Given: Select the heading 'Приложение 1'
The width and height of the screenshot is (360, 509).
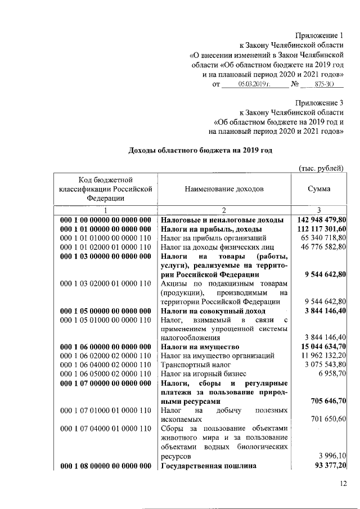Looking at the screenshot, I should pyautogui.click(x=318, y=34).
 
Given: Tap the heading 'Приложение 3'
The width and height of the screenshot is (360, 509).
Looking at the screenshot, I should pyautogui.click(x=318, y=102).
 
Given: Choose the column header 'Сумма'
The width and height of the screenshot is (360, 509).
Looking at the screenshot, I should pyautogui.click(x=318, y=190).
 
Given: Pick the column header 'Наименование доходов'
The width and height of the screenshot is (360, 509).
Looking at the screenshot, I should pyautogui.click(x=224, y=190).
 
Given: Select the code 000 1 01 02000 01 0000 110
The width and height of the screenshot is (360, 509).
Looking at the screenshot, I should pyautogui.click(x=106, y=247).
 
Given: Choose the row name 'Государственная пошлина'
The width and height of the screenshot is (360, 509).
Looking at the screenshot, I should pyautogui.click(x=209, y=466).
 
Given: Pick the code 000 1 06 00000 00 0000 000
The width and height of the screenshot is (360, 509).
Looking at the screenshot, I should pyautogui.click(x=106, y=346).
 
